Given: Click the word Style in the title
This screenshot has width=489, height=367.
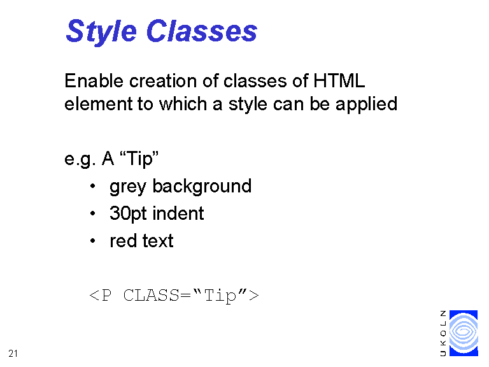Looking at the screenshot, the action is point(101,31).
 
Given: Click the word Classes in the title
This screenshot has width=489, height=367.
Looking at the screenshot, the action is point(202,31).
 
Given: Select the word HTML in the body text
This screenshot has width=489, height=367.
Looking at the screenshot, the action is point(339,81).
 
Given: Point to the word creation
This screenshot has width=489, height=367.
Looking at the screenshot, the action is point(163,81).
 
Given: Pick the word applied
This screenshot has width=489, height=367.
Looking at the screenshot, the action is point(367,104).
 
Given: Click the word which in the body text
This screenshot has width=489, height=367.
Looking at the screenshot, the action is point(183,104).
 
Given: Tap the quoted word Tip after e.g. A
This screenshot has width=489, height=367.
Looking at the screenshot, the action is point(139,159).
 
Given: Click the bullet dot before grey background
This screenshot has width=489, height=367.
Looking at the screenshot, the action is point(92,186).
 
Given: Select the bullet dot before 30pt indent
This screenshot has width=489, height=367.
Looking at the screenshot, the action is point(92,214).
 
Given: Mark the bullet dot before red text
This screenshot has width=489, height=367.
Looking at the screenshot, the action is point(92,241).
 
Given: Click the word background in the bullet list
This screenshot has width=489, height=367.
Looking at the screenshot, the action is point(202,186).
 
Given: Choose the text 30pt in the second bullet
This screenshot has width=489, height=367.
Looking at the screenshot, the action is point(128,214).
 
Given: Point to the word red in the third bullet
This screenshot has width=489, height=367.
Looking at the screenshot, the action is point(123,241).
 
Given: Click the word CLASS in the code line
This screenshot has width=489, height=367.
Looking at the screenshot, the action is point(152,295).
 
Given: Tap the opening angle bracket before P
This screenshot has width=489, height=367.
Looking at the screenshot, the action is point(94,295).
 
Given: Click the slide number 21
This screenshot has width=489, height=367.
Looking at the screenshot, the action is point(13,354).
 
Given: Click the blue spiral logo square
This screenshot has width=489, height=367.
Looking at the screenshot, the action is point(464,333).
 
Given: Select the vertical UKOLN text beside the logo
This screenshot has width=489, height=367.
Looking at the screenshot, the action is point(443,333).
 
